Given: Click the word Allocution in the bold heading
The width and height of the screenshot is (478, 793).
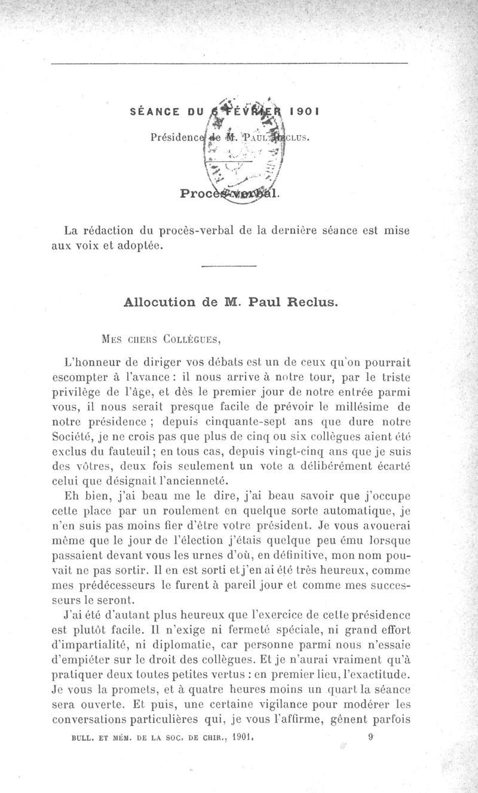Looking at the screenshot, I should point(157,302).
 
